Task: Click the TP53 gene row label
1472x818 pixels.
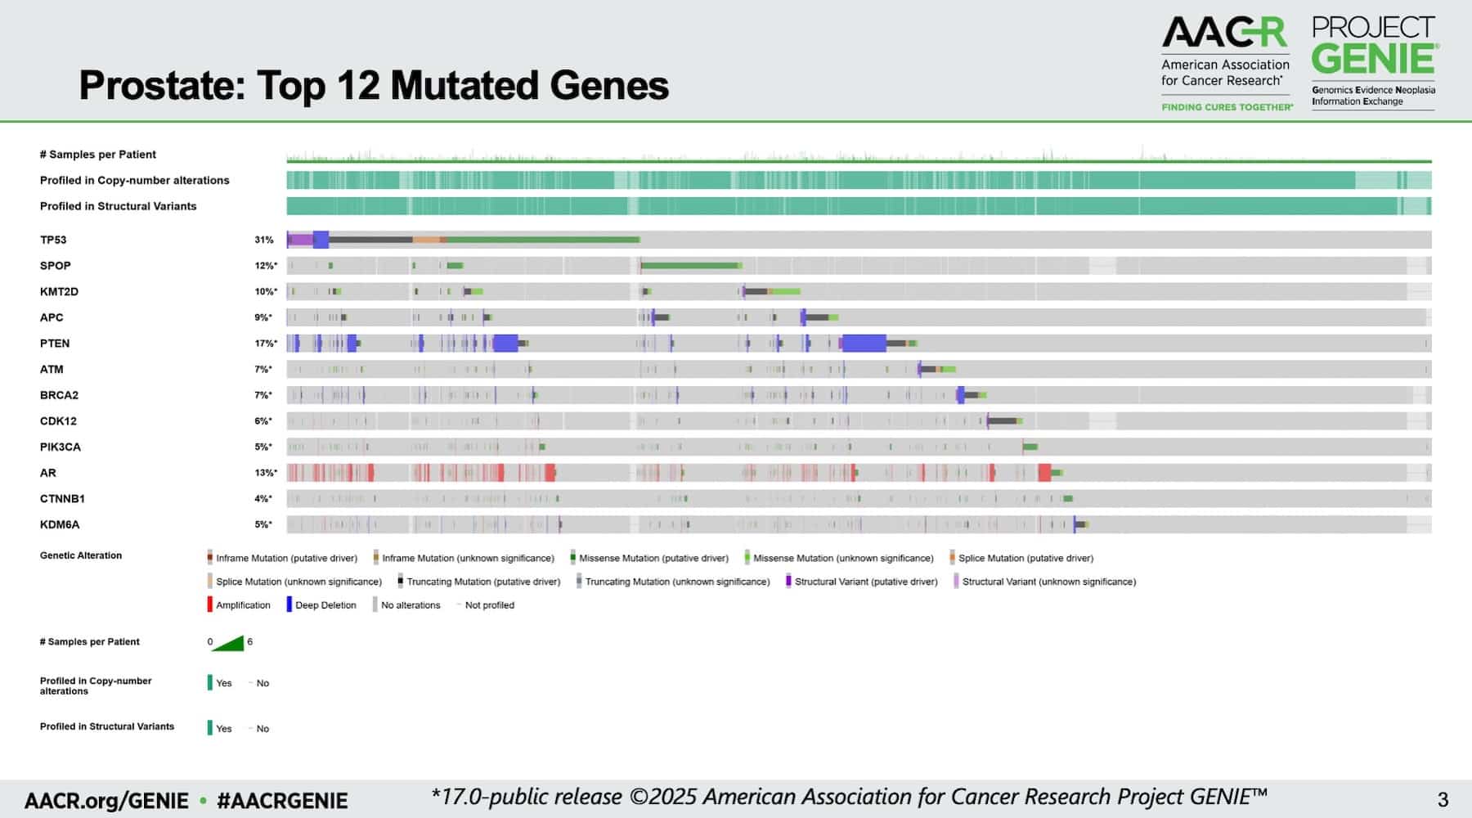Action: [53, 240]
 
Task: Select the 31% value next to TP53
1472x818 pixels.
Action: [263, 240]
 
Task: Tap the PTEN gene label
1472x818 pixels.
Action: [55, 344]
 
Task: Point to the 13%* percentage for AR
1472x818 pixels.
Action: [266, 473]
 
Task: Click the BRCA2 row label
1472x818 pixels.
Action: [59, 395]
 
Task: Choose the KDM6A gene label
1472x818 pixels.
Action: [60, 524]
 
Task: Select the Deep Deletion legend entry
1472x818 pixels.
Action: [321, 605]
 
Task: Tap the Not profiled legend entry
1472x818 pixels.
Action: [486, 605]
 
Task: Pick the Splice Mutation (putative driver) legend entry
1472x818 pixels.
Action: [1021, 558]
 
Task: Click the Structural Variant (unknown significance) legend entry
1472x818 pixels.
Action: [1045, 582]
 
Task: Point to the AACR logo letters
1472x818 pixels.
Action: [1224, 34]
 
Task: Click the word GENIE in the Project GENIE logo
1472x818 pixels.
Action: [1374, 58]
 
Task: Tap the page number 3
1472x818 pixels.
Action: [1443, 799]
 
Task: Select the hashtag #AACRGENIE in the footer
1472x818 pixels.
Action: [282, 801]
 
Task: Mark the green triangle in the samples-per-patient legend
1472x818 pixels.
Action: [228, 643]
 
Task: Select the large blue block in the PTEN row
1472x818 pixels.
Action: [864, 344]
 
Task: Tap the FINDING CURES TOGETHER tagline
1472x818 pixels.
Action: [1227, 107]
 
